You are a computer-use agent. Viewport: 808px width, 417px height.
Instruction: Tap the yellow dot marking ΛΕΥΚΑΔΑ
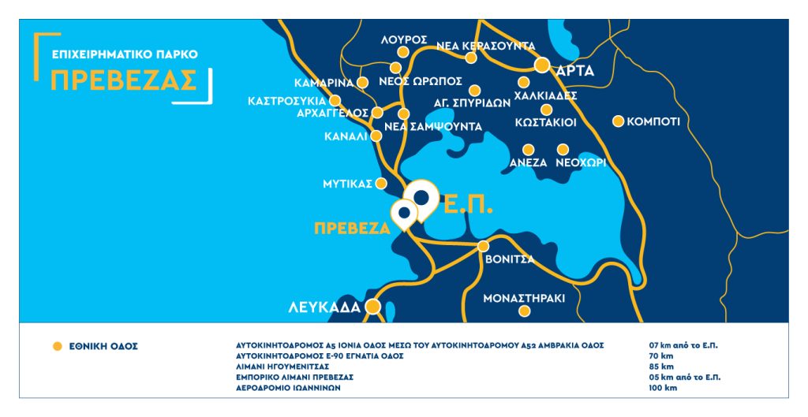tap(372, 307)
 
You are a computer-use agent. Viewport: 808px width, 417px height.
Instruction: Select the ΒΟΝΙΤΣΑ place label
tap(510, 259)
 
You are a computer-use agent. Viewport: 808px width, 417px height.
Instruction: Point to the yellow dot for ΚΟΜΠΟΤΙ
tap(619, 121)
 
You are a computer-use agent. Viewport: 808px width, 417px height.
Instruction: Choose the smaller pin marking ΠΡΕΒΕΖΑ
tap(404, 212)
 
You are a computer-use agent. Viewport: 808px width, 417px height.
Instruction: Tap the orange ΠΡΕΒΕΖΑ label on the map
tap(352, 229)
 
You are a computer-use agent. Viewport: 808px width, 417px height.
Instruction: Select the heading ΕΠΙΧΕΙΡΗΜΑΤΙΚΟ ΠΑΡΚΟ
tap(124, 55)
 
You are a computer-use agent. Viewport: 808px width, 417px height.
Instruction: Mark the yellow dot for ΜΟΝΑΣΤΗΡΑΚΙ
tap(524, 311)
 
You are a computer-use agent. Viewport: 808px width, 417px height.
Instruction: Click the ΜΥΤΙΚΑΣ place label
tap(347, 184)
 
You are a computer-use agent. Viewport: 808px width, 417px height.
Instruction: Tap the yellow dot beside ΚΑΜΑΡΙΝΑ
tap(363, 82)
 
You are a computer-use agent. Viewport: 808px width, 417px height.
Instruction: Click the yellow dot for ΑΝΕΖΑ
tap(528, 149)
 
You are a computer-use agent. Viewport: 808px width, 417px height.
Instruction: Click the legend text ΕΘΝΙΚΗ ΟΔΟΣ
tap(105, 346)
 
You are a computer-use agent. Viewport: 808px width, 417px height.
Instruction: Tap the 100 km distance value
tap(661, 388)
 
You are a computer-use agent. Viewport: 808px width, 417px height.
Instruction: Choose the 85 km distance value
tap(660, 367)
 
